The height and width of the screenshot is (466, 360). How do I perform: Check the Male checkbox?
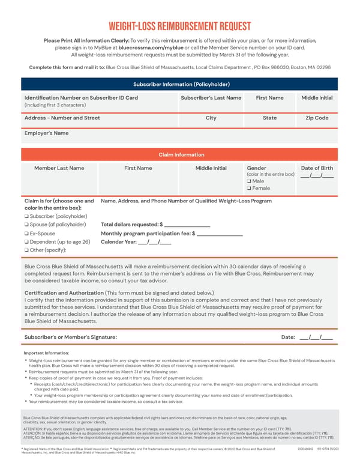pos(249,181)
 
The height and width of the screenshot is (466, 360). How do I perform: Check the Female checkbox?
pos(249,189)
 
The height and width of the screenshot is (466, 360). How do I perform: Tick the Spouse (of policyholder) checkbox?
pos(27,225)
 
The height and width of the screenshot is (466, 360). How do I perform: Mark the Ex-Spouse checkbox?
pos(27,233)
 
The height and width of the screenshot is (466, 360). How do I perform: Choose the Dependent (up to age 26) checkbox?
pos(27,241)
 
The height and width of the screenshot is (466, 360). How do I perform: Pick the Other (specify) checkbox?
pos(27,250)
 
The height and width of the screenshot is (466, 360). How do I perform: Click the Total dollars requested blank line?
pos(187,225)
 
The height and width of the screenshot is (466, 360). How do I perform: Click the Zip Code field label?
pos(317,118)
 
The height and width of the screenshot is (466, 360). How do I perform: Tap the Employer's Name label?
pos(47,133)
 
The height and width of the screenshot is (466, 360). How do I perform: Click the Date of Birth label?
pos(317,168)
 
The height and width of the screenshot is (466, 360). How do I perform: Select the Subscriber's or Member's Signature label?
pos(71,337)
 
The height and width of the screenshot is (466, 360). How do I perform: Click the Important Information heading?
pos(46,353)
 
